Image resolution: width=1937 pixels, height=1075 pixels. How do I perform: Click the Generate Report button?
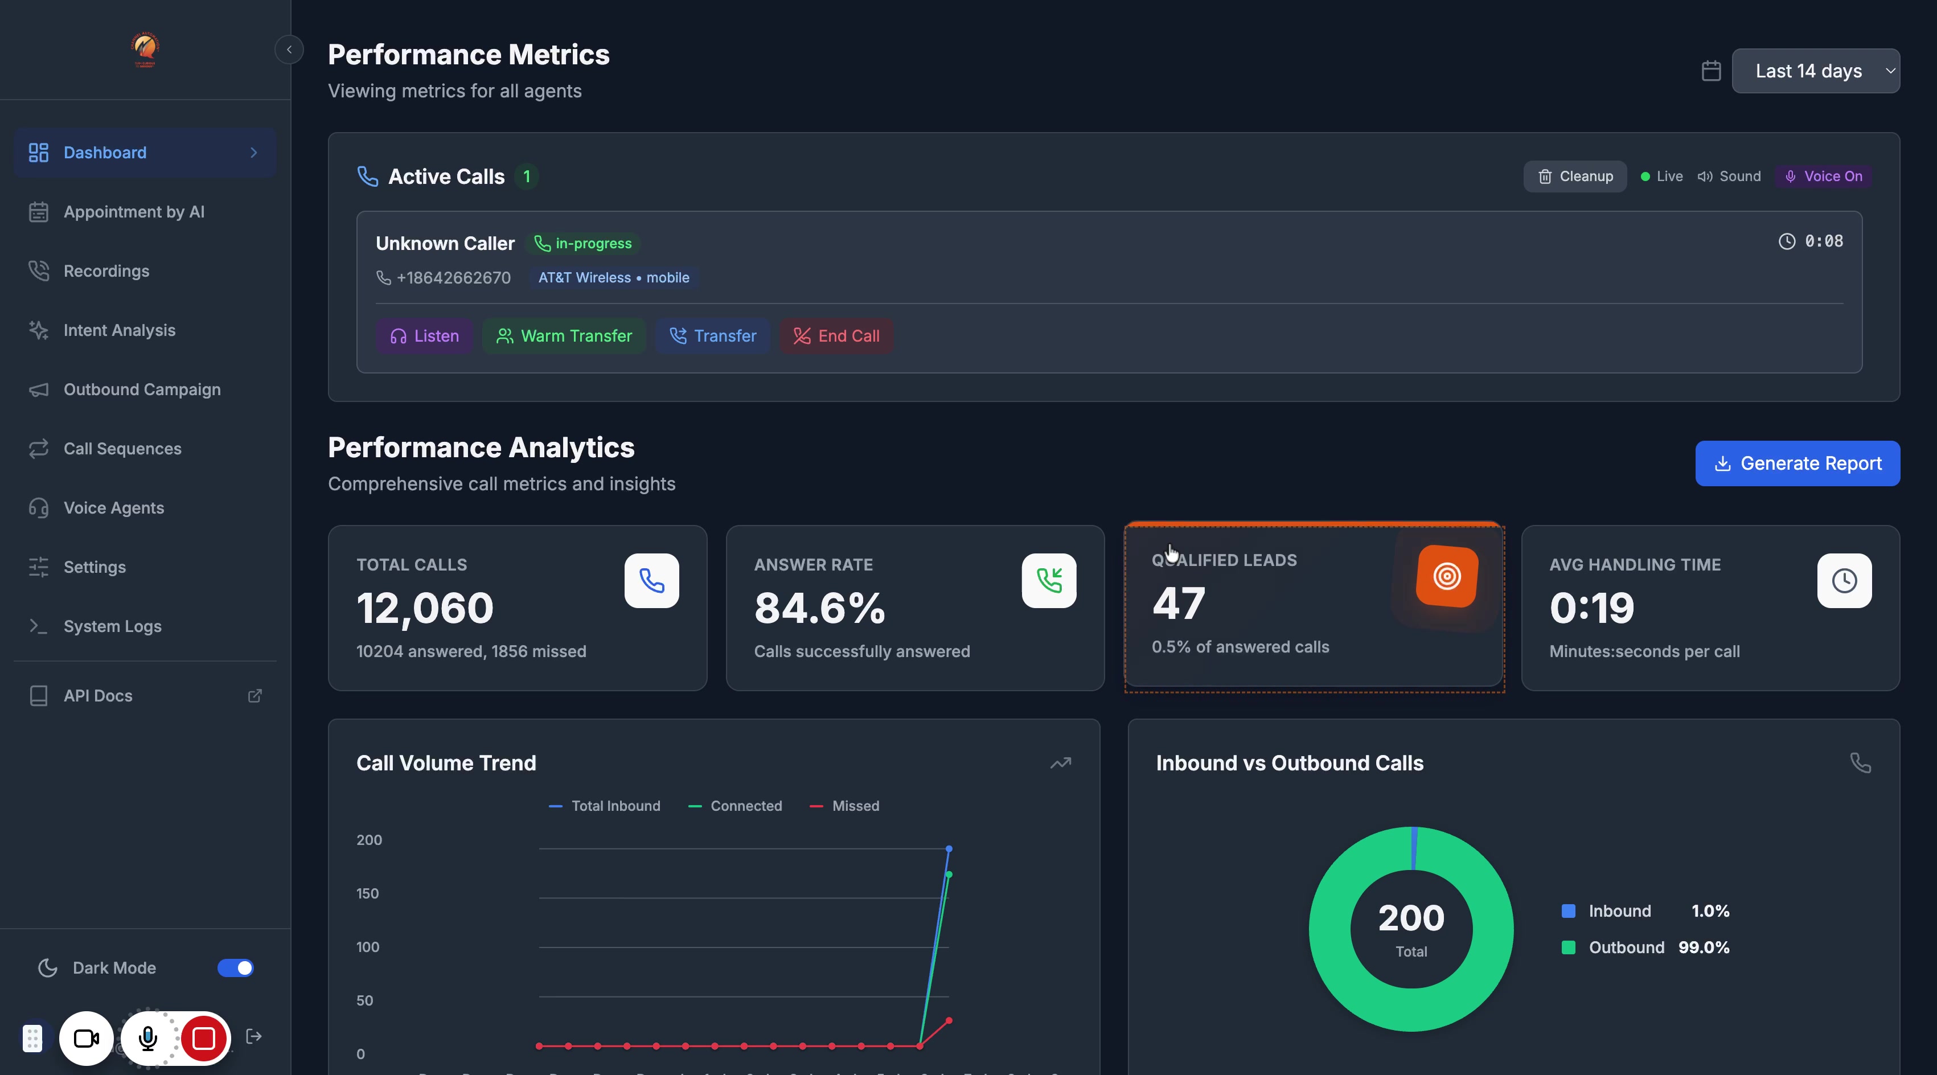click(x=1797, y=463)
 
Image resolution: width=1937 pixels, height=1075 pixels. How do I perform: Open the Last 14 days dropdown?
click(x=1815, y=71)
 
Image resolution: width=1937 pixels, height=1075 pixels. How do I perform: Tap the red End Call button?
click(x=836, y=336)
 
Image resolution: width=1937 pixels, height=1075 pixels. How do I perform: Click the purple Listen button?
click(x=424, y=336)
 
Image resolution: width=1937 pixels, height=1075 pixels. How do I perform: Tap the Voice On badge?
click(x=1824, y=177)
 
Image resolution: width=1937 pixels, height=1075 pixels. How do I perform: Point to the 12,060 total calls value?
click(x=425, y=608)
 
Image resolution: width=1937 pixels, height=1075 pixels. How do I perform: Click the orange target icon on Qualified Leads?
click(x=1447, y=577)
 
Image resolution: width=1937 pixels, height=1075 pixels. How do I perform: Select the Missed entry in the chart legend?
click(x=844, y=806)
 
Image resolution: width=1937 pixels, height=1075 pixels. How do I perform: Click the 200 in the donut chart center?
click(x=1411, y=918)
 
